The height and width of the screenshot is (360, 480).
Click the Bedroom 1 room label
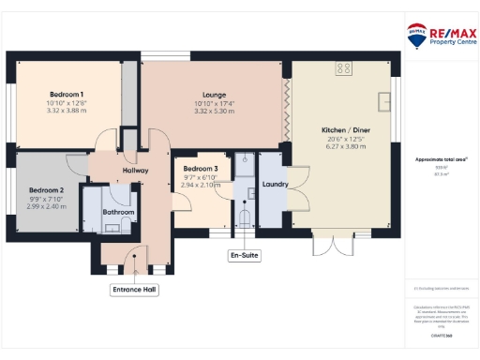[x=67, y=95]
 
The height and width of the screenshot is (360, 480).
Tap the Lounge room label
[x=211, y=95]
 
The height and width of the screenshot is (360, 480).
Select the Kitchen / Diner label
[x=341, y=127]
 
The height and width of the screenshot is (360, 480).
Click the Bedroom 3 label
[x=201, y=169]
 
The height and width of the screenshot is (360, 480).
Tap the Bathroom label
[x=118, y=212]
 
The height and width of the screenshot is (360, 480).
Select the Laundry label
[x=275, y=185]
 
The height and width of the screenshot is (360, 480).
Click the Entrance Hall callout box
[x=134, y=290]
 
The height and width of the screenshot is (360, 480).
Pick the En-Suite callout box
[x=244, y=255]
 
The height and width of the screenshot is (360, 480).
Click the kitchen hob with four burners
[x=343, y=68]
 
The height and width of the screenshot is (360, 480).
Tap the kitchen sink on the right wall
[x=384, y=99]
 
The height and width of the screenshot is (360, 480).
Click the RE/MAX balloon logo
[x=415, y=35]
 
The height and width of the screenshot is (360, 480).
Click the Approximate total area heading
[x=435, y=159]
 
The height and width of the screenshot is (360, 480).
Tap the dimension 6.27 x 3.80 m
[x=341, y=145]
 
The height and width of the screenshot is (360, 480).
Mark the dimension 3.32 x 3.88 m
[x=67, y=110]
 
